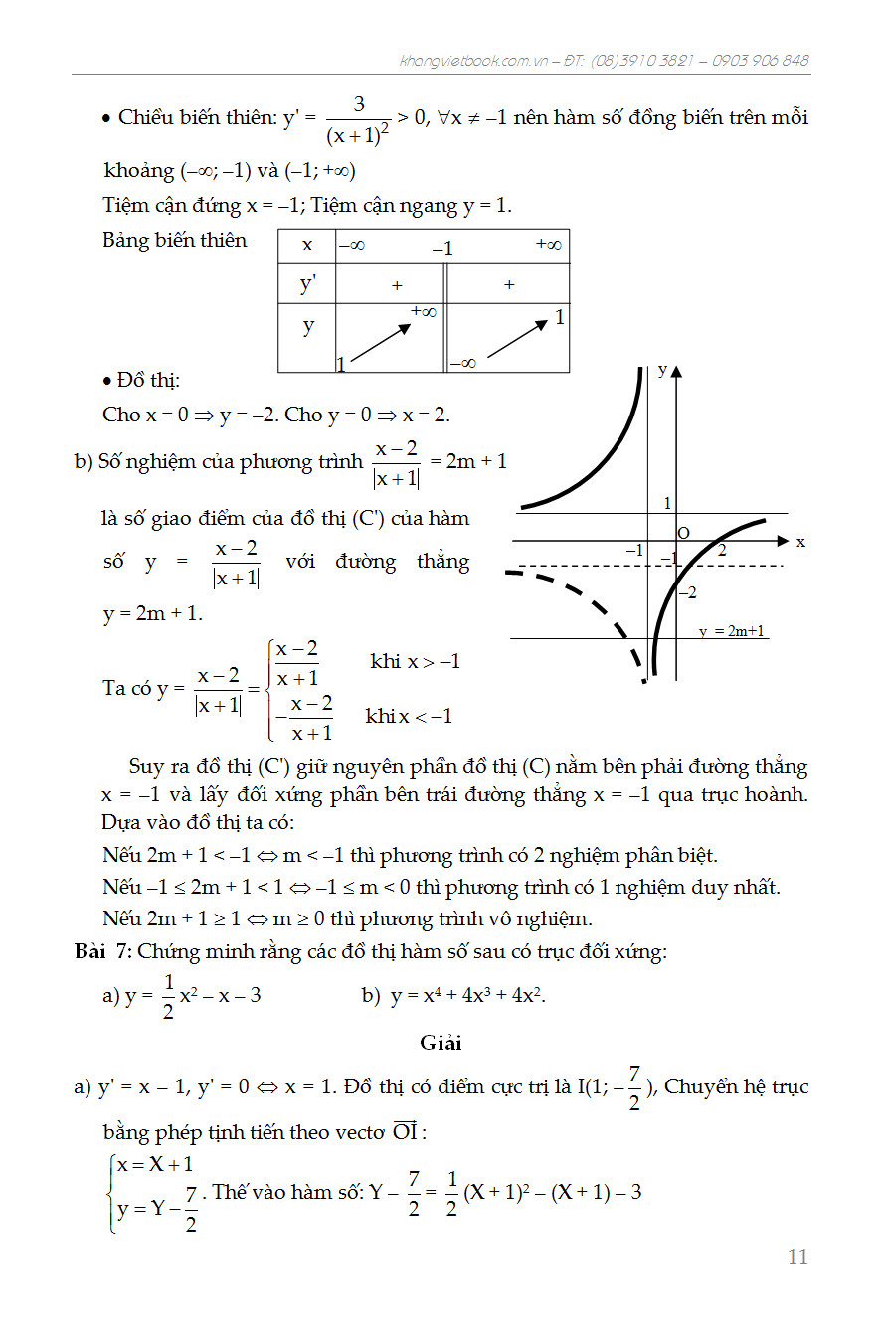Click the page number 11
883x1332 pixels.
797,1257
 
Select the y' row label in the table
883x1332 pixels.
307,284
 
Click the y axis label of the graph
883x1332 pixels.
662,371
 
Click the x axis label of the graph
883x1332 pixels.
800,543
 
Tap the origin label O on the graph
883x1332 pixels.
683,534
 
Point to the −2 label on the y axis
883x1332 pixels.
687,592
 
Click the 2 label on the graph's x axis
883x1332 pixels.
722,551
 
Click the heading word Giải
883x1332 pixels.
441,1044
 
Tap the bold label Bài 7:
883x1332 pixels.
103,951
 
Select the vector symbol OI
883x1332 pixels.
404,1131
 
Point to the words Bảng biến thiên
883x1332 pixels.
174,240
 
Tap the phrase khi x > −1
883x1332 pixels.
415,662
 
